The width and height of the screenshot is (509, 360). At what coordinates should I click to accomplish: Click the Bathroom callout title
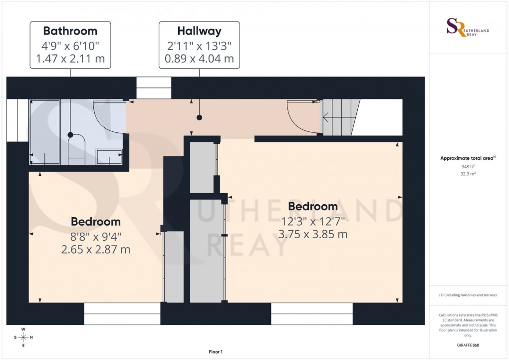(70, 30)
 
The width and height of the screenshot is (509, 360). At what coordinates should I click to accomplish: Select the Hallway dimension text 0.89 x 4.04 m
(199, 58)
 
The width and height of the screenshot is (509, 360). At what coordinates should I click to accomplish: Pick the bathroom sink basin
(109, 156)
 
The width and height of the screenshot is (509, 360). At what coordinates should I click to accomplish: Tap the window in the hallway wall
(154, 87)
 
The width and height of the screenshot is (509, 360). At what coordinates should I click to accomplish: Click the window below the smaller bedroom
(122, 314)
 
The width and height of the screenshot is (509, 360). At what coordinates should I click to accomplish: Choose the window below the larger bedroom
(312, 314)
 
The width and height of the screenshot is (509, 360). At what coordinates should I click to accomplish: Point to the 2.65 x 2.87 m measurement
(95, 249)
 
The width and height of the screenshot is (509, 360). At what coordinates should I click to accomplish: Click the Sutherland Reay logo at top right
(468, 27)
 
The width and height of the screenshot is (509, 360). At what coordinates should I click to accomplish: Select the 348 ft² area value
(468, 166)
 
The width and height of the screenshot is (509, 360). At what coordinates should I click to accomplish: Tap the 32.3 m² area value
(468, 174)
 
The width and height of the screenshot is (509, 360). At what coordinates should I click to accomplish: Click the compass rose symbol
(23, 337)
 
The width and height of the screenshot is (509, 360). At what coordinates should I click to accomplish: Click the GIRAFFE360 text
(468, 345)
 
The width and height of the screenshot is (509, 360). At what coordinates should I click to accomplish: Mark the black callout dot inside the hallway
(200, 118)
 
